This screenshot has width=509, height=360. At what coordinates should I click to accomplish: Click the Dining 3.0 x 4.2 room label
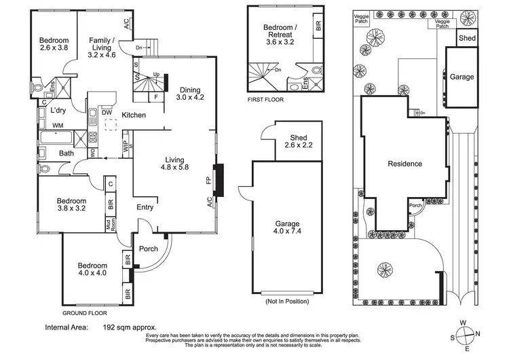[x=190, y=93]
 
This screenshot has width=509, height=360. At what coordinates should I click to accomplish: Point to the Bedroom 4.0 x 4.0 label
[x=92, y=270]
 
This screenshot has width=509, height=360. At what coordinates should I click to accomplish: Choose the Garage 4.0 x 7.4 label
[x=282, y=228]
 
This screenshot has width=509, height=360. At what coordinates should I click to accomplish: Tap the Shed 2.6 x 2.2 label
[x=299, y=142]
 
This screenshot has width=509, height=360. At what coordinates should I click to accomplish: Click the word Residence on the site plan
[x=404, y=164]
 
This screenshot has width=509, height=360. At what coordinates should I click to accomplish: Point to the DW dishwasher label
[x=107, y=113]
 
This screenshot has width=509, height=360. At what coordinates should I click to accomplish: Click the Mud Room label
[x=108, y=222]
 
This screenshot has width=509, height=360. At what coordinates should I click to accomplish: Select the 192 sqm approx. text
[x=129, y=327]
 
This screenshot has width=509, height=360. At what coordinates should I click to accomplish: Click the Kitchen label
[x=134, y=115]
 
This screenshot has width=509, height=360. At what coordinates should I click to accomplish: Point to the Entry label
[x=145, y=208]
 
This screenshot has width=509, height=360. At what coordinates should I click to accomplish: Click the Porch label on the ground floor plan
[x=149, y=249]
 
